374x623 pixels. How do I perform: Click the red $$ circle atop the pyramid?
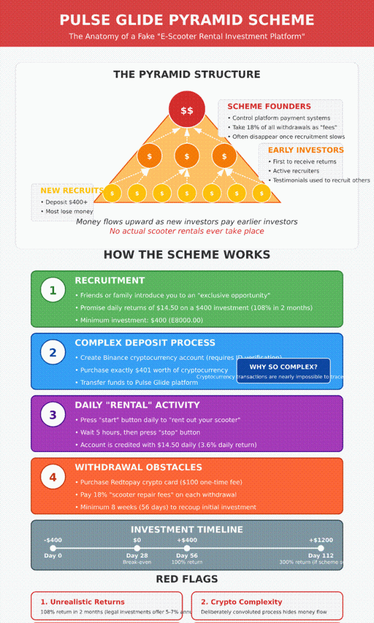pos(187,110)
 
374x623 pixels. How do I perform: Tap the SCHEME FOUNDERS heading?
pos(269,106)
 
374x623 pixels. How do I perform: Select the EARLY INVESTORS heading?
pos(305,150)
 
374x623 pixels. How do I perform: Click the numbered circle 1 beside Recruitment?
pos(53,290)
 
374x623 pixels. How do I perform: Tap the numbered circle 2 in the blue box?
pos(53,352)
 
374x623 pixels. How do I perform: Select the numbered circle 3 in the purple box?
pos(53,415)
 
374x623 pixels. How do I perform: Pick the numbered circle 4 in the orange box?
pos(53,477)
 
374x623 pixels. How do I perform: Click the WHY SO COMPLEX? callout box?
pos(283,367)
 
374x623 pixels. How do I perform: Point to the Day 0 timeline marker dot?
pos(53,548)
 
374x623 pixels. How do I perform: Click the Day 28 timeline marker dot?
pos(137,548)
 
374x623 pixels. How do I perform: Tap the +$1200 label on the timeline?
pos(320,540)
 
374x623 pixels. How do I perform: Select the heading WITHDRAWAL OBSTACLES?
pos(138,467)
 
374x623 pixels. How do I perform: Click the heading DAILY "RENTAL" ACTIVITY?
pos(137,405)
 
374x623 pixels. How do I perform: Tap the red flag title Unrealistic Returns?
pos(83,602)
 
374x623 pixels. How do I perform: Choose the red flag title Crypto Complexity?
pos(241,602)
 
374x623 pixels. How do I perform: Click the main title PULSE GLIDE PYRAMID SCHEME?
pos(187,20)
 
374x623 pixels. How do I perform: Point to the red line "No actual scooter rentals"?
pos(187,231)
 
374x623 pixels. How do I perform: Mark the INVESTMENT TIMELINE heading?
pos(187,530)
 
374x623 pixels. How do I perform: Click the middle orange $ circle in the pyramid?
pos(187,156)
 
